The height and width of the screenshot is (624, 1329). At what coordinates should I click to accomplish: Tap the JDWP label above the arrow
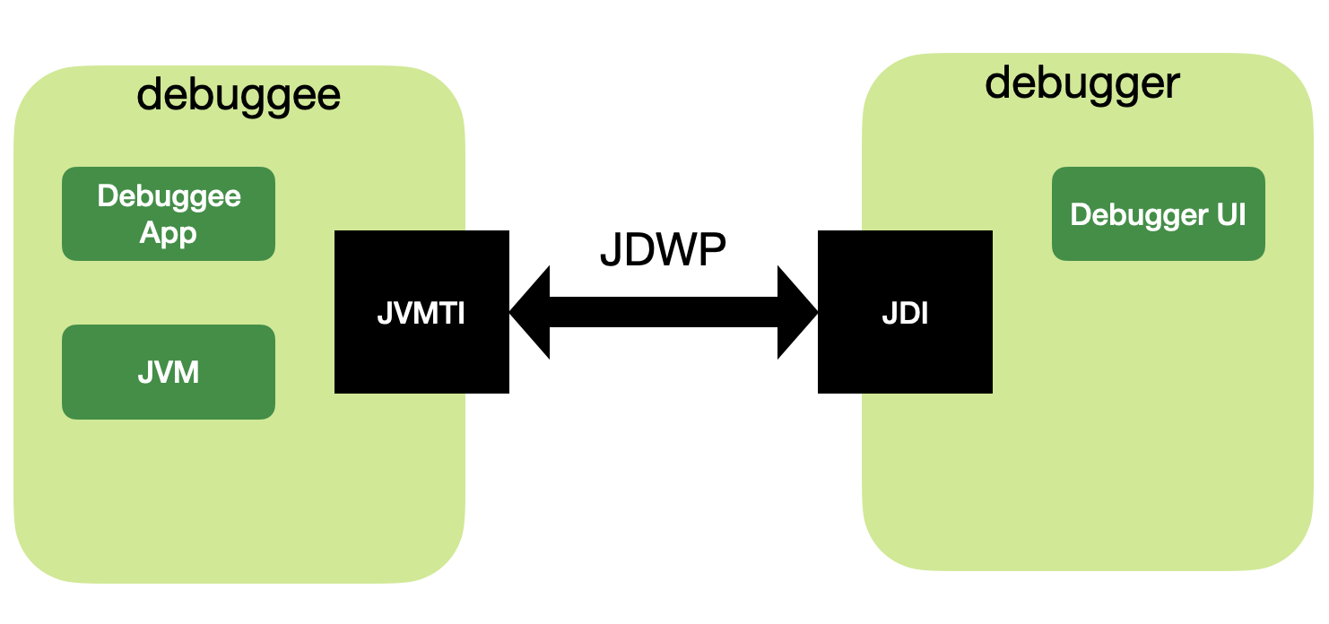662,252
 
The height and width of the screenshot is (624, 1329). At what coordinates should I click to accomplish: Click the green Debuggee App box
169,214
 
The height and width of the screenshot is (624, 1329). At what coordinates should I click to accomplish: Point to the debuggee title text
239,94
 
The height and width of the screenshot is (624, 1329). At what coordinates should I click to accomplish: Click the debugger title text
1082,83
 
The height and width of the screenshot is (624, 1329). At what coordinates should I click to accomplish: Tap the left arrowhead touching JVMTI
529,312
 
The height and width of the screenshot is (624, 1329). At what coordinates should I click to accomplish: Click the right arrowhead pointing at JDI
798,312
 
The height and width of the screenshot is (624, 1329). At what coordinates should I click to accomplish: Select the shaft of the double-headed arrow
663,312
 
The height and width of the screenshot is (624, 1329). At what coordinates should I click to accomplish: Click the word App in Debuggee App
169,233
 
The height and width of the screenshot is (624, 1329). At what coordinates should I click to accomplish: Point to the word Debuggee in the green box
169,196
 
